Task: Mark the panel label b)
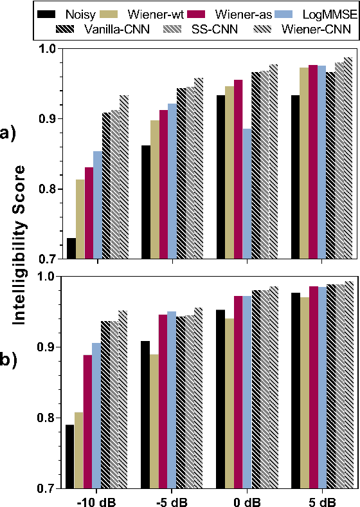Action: pyautogui.click(x=10, y=361)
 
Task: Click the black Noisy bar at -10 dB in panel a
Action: pyautogui.click(x=71, y=248)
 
